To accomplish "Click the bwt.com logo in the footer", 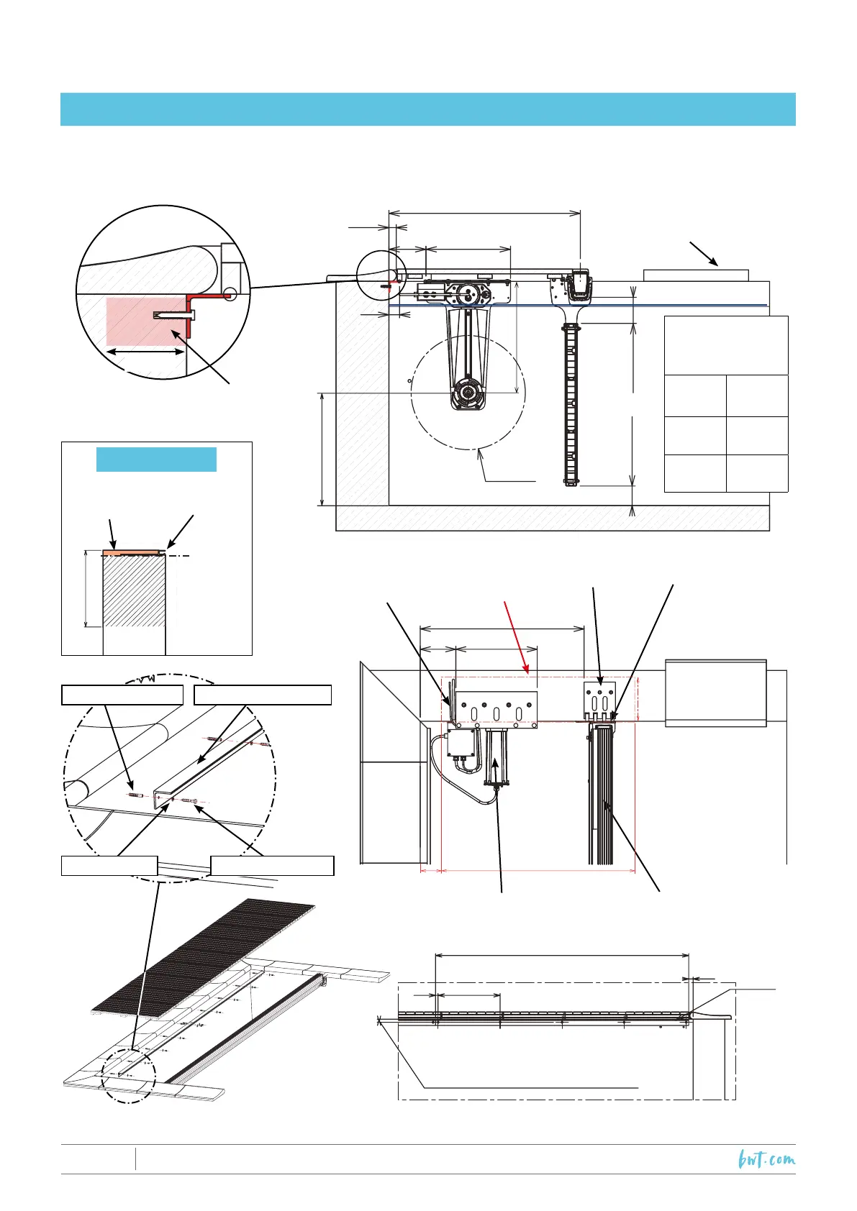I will click(766, 1159).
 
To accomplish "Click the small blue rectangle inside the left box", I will click(156, 459).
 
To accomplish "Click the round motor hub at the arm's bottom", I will click(468, 393).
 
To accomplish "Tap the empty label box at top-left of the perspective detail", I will click(122, 695).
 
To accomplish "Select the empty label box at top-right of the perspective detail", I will click(263, 695).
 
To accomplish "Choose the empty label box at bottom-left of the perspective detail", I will click(109, 866).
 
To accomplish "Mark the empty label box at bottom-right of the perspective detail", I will click(272, 866).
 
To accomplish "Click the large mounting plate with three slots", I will click(497, 710).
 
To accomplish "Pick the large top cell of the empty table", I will click(726, 345).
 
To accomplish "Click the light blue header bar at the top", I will click(427, 109).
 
